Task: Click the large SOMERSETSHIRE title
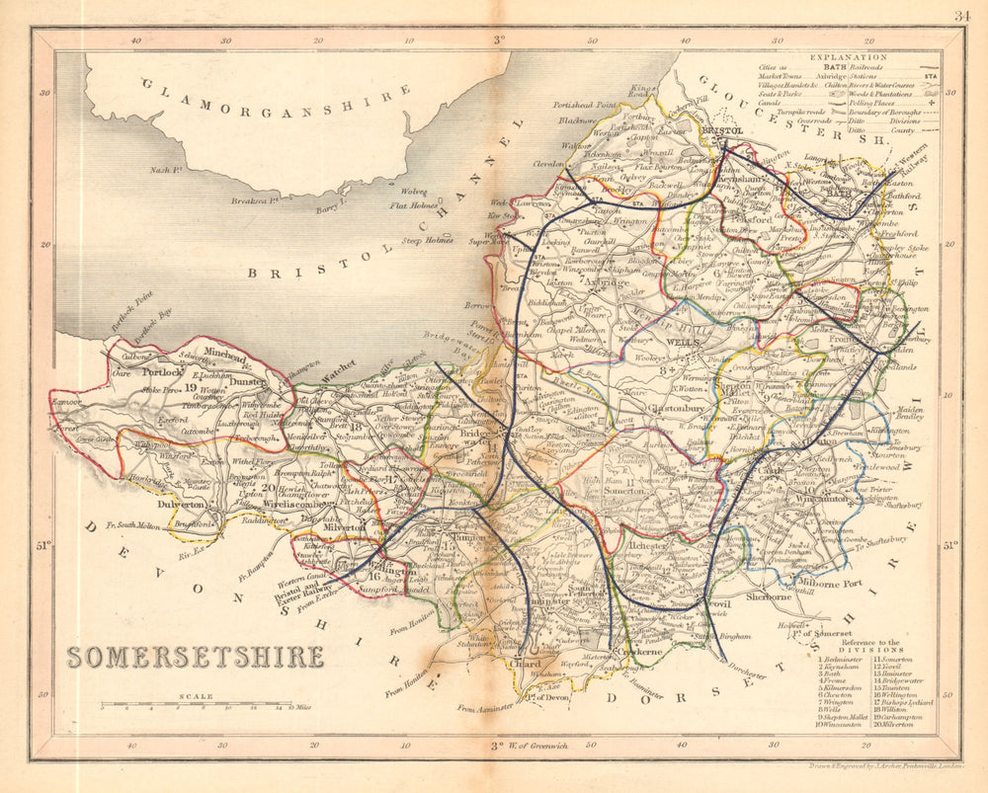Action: click(195, 657)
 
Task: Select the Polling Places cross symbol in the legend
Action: click(929, 102)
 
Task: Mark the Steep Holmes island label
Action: click(427, 240)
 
